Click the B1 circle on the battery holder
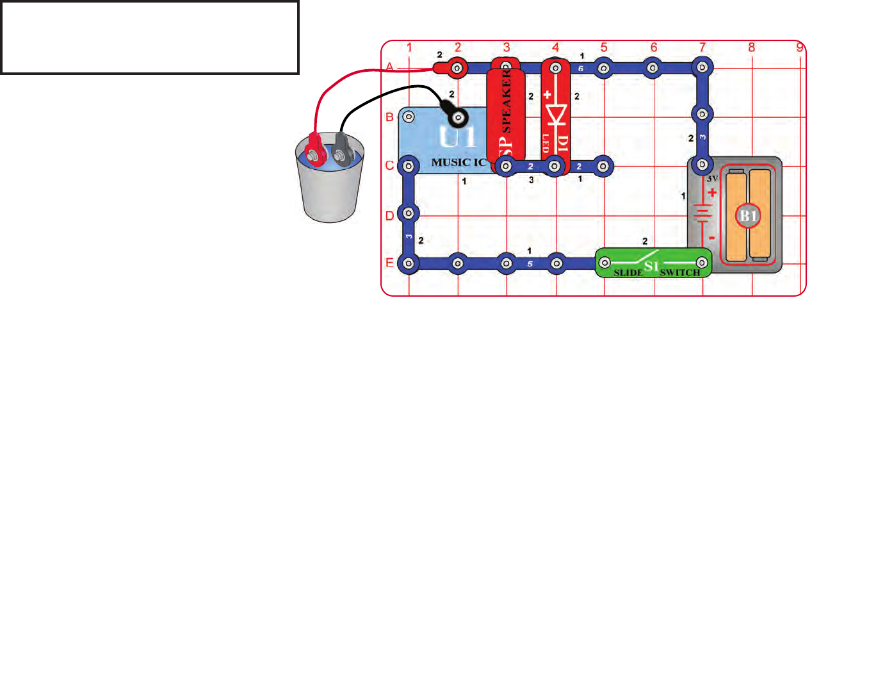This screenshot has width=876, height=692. click(x=748, y=215)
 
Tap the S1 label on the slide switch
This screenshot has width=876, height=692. click(x=651, y=266)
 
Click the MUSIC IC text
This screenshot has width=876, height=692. click(x=458, y=163)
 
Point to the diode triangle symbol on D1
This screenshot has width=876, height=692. click(x=556, y=114)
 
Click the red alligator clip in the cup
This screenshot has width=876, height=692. click(x=314, y=147)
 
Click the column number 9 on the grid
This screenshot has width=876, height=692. click(x=799, y=47)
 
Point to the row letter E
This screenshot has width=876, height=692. click(x=389, y=263)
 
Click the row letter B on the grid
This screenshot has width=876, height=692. click(x=389, y=117)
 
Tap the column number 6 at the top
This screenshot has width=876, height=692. click(x=654, y=47)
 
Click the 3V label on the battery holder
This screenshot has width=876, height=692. click(x=712, y=179)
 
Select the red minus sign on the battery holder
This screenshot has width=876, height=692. click(x=712, y=239)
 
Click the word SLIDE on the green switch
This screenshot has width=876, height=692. click(x=628, y=273)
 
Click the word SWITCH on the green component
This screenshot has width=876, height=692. click(x=680, y=273)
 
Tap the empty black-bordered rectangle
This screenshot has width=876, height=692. click(x=150, y=37)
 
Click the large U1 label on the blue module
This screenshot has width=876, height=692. click(x=457, y=136)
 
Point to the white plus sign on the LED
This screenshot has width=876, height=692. click(x=547, y=95)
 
